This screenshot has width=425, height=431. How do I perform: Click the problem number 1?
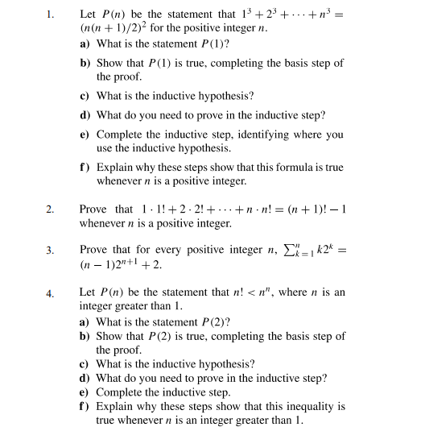50,14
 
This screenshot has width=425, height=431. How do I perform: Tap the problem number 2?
50,210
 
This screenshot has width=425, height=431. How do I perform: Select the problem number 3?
50,251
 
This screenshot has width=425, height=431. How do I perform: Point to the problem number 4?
50,292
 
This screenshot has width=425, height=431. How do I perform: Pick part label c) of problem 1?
85,96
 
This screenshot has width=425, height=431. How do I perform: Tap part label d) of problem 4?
85,377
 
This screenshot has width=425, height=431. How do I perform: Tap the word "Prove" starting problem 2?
94,209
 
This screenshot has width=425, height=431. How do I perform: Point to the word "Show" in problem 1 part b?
109,63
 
